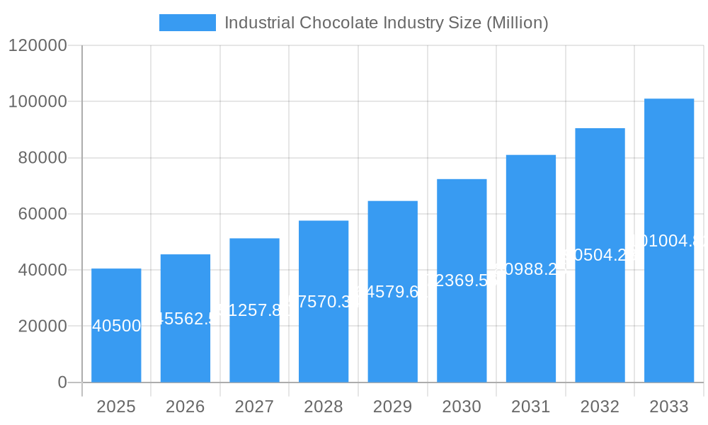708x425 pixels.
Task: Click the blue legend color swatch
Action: pos(187,23)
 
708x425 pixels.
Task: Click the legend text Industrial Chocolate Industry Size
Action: pos(386,23)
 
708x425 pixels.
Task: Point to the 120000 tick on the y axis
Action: pos(38,45)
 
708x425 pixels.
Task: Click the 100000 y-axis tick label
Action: pos(38,101)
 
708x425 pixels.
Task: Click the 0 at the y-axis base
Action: pos(62,382)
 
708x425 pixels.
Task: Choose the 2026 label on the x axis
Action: pos(185,407)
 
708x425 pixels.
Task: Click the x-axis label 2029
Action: pos(393,407)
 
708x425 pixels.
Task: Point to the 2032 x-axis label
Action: pos(600,407)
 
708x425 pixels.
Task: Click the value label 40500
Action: pos(116,326)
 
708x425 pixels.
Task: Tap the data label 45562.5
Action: pos(185,319)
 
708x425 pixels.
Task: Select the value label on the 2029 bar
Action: pos(393,291)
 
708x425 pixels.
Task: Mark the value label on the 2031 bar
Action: pos(531,268)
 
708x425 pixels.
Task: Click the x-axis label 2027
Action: pos(254,407)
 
